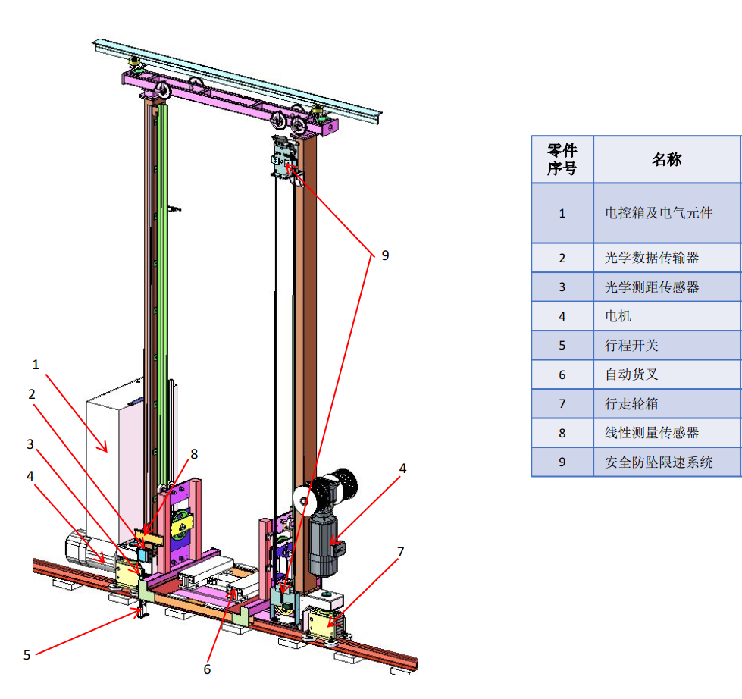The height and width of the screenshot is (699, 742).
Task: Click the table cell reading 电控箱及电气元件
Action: pyautogui.click(x=659, y=213)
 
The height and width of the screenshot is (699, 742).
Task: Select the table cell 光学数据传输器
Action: pyautogui.click(x=652, y=258)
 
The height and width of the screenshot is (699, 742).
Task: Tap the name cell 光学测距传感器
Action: pyautogui.click(x=652, y=287)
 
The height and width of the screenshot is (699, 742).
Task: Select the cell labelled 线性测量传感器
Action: pyautogui.click(x=652, y=433)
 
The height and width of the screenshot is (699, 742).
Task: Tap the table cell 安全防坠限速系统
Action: pyautogui.click(x=659, y=462)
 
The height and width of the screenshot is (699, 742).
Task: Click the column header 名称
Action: pyautogui.click(x=666, y=159)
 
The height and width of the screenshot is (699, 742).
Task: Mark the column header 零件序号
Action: pyautogui.click(x=562, y=159)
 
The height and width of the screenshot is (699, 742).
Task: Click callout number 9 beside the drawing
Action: pyautogui.click(x=384, y=255)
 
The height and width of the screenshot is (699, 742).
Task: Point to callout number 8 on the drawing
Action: pyautogui.click(x=194, y=454)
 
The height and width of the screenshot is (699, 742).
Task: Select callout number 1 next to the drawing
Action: pyautogui.click(x=36, y=365)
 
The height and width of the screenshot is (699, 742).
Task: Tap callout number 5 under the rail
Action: pyautogui.click(x=27, y=654)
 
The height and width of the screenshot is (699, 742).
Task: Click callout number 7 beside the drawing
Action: pyautogui.click(x=401, y=551)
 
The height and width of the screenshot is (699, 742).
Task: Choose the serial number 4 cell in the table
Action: pyautogui.click(x=562, y=316)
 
